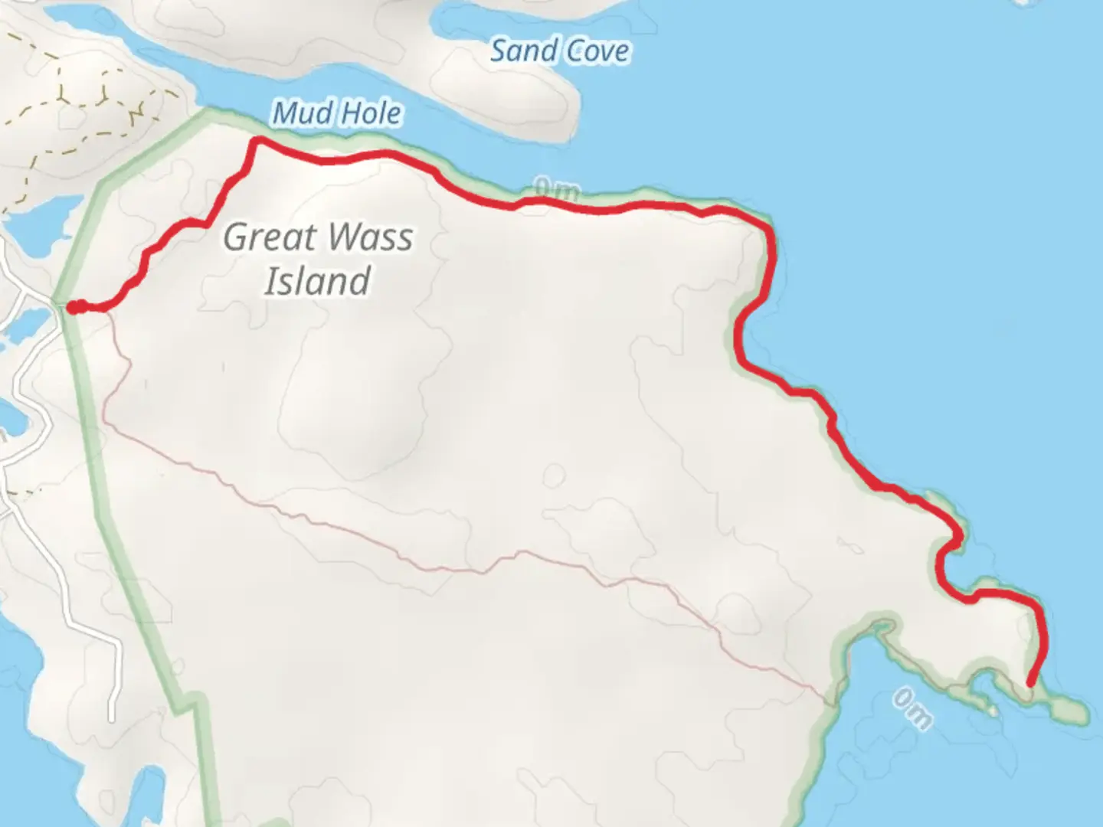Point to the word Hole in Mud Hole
click(x=371, y=113)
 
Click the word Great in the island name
click(x=270, y=237)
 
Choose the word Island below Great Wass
click(x=318, y=280)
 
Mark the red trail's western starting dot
click(x=73, y=307)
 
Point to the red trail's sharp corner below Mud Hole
click(x=257, y=139)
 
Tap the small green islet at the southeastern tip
click(x=1069, y=710)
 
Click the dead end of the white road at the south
click(x=112, y=718)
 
